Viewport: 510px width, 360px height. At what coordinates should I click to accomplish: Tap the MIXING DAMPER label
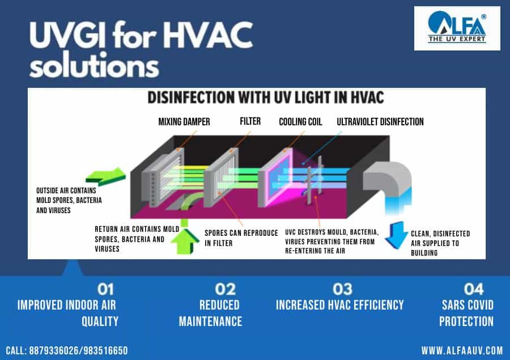pyautogui.click(x=184, y=122)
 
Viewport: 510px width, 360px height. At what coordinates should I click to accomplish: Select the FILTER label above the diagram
pyautogui.click(x=250, y=121)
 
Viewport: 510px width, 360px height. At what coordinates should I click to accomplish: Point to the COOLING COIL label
pyautogui.click(x=300, y=122)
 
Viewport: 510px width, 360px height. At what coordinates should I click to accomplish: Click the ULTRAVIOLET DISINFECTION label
pyautogui.click(x=380, y=122)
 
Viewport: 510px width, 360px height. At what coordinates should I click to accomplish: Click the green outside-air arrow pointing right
pyautogui.click(x=106, y=177)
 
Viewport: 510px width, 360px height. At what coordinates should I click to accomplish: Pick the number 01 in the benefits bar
pyautogui.click(x=105, y=289)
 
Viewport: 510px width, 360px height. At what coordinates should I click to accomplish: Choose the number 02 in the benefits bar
pyautogui.click(x=225, y=289)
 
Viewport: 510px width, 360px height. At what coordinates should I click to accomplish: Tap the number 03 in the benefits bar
pyautogui.click(x=342, y=289)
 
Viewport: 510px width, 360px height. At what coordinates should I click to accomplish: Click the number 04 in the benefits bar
pyautogui.click(x=474, y=289)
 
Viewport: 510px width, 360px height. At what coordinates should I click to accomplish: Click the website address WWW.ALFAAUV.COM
pyautogui.click(x=462, y=350)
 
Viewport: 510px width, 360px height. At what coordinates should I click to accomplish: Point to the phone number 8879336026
pyautogui.click(x=54, y=350)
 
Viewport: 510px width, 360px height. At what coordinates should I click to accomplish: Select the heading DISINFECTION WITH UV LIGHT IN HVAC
pyautogui.click(x=266, y=98)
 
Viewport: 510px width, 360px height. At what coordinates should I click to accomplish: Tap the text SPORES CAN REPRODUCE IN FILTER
pyautogui.click(x=241, y=238)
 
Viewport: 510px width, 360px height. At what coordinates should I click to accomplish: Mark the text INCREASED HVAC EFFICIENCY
pyautogui.click(x=340, y=305)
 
